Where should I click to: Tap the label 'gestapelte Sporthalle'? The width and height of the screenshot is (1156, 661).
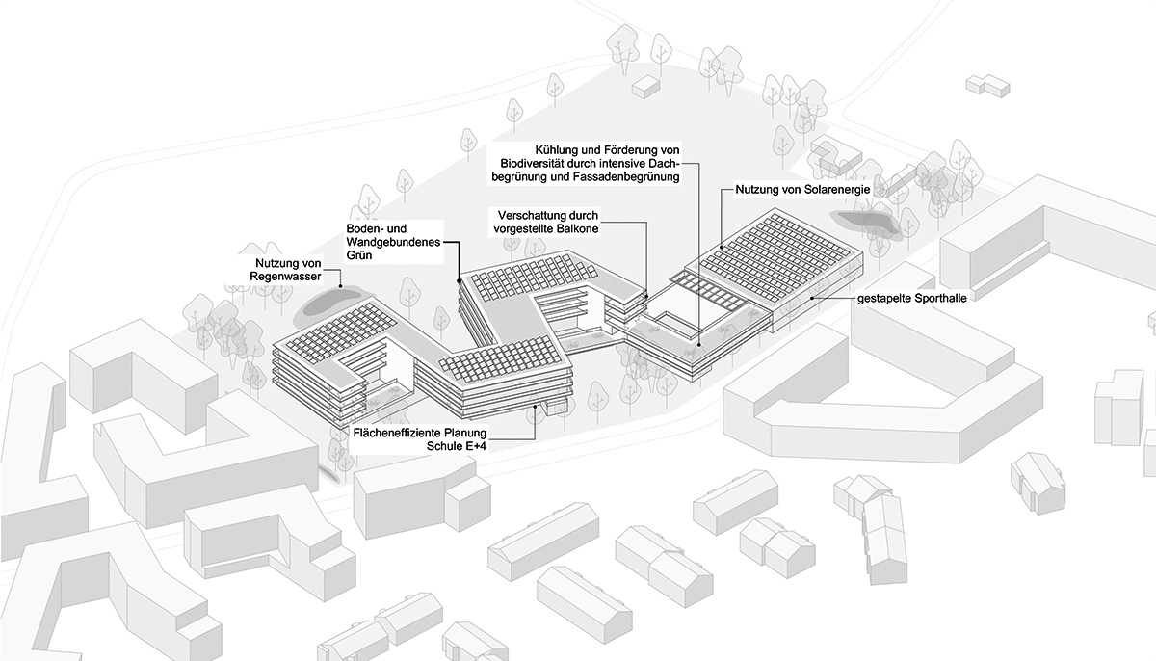(x=911, y=299)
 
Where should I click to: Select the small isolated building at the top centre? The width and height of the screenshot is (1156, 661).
(x=644, y=88)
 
